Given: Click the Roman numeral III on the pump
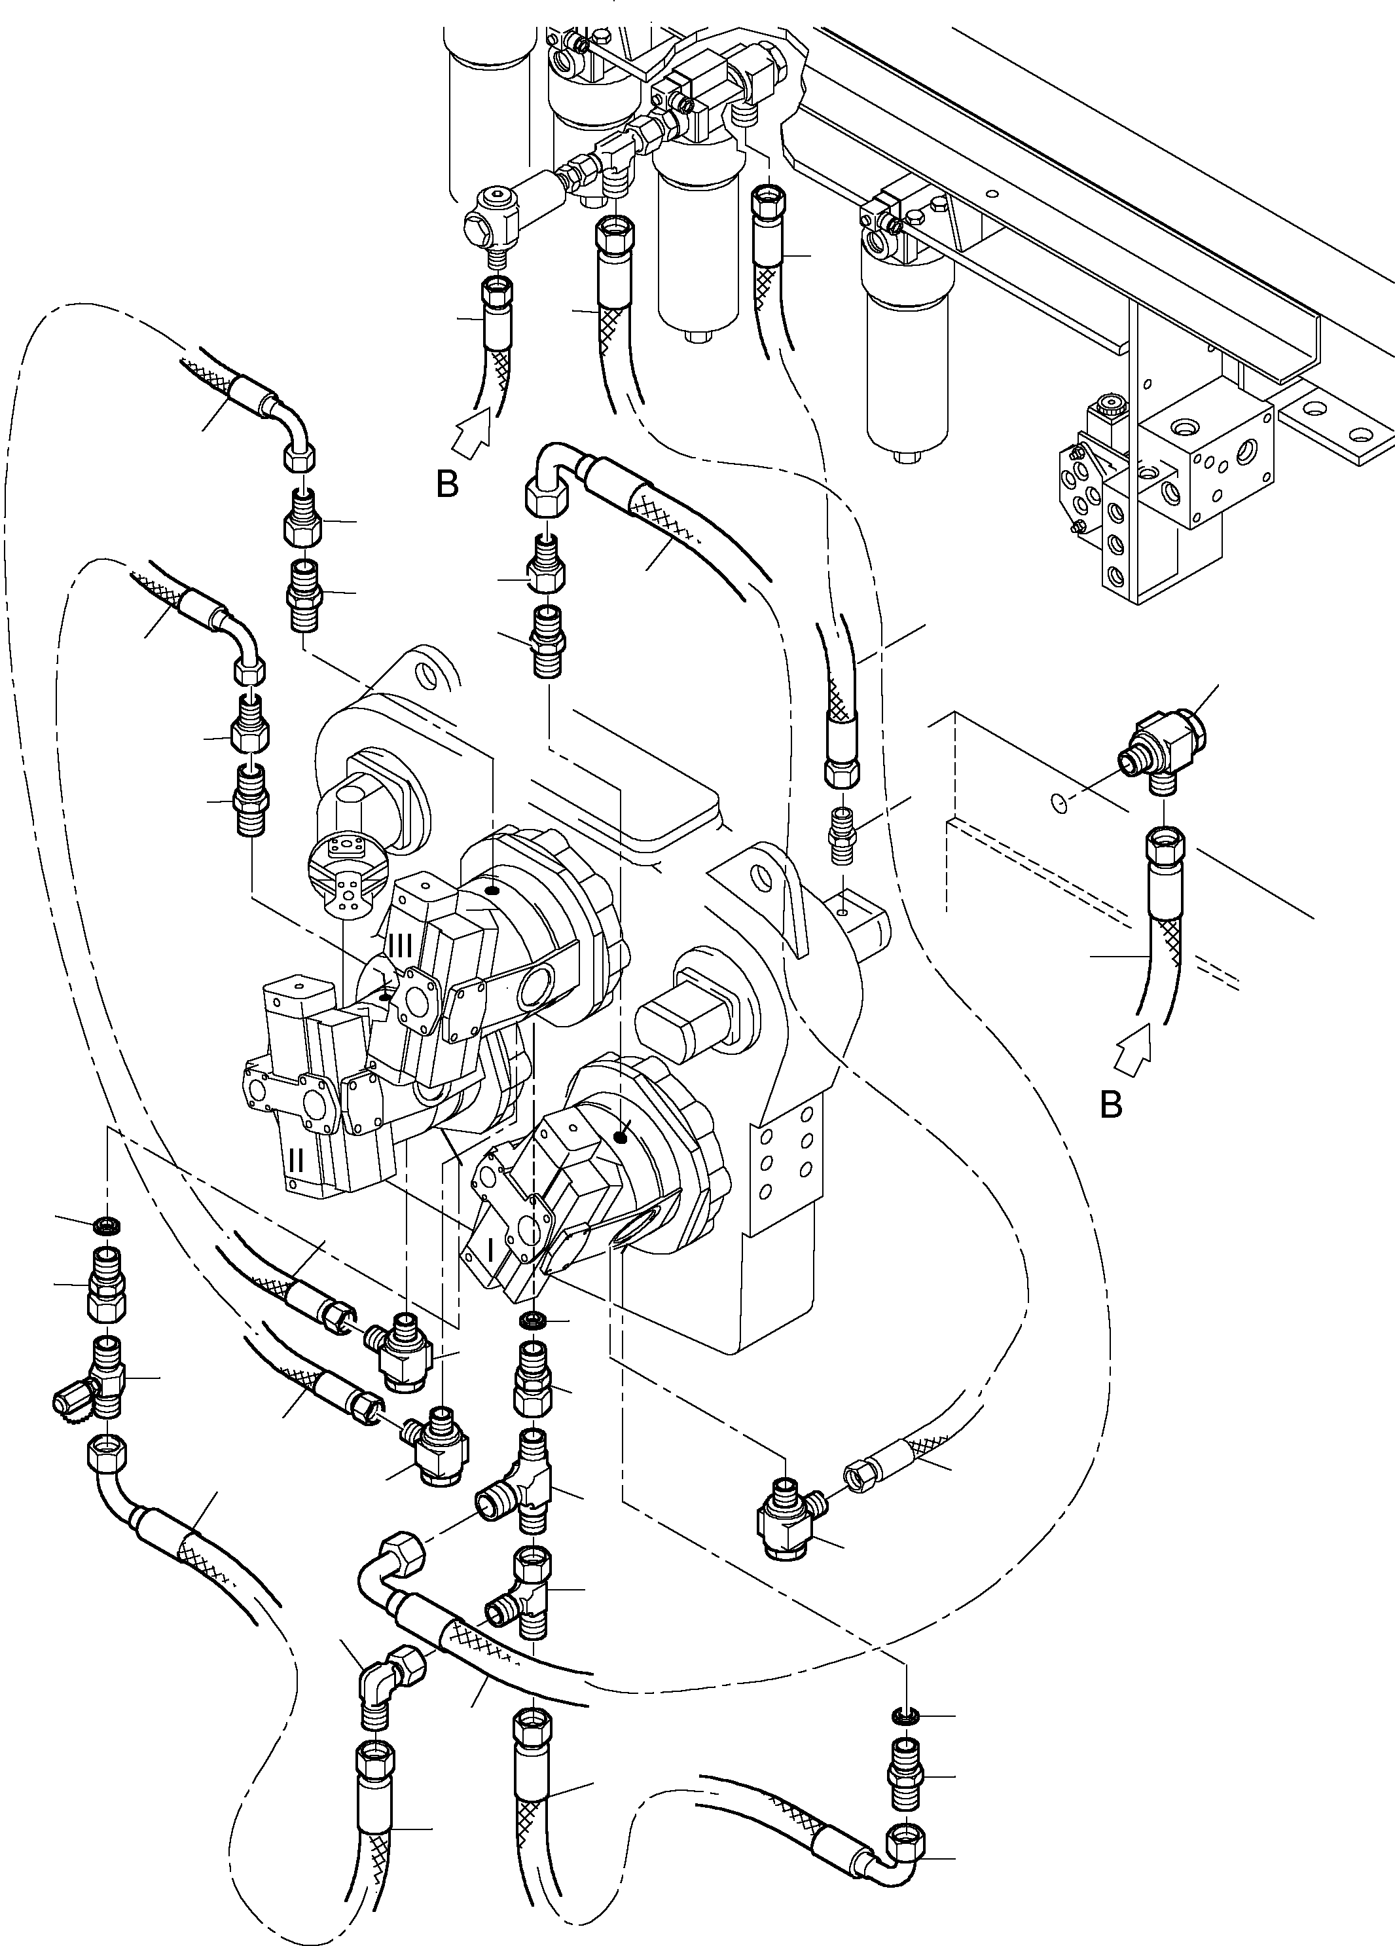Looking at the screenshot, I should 400,945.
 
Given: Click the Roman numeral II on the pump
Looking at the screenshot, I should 296,1161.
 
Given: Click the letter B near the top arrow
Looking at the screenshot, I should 447,486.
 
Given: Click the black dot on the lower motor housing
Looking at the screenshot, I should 621,1138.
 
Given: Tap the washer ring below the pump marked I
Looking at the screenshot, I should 532,1318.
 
